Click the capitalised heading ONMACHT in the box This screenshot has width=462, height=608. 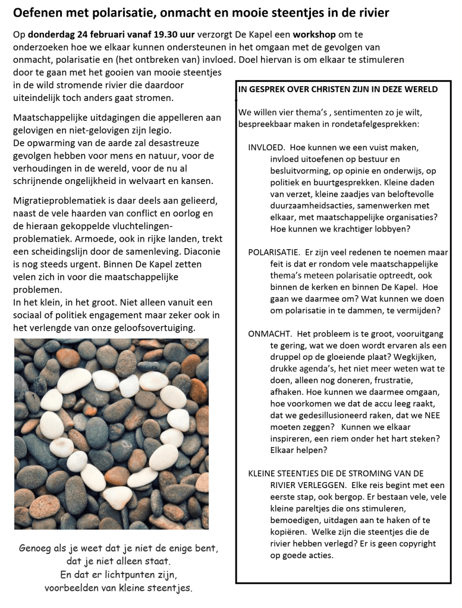pyautogui.click(x=268, y=334)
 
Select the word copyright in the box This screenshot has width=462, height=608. pyautogui.click(x=416, y=543)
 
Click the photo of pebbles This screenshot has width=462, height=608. pyautogui.click(x=111, y=433)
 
